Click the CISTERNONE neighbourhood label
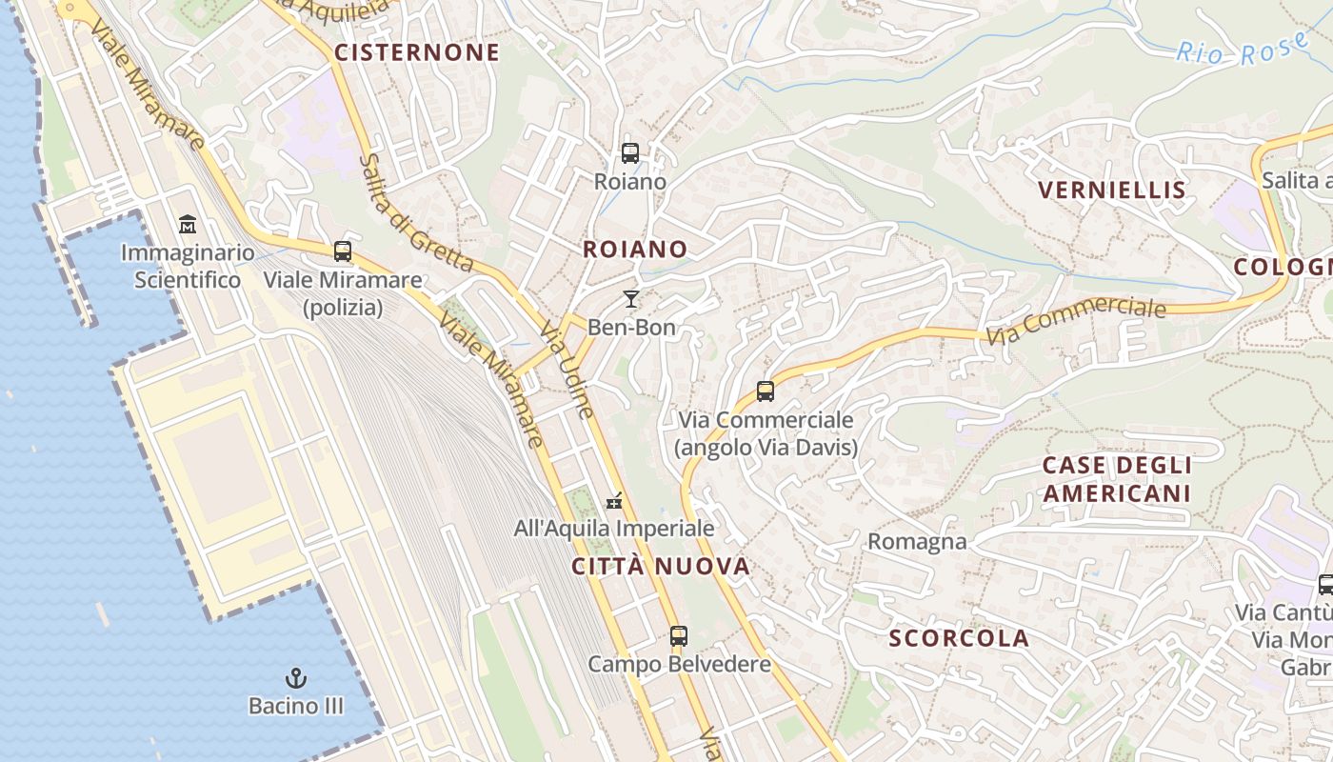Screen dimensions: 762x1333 416,52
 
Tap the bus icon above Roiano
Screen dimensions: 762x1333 629,152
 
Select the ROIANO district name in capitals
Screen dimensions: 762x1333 635,250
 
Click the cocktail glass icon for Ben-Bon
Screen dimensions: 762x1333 630,299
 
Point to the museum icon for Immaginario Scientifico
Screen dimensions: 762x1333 188,226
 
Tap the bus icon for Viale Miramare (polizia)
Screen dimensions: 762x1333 343,251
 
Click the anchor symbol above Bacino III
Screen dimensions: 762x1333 296,678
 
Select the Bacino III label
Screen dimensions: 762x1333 296,707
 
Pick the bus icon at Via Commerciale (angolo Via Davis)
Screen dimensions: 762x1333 766,391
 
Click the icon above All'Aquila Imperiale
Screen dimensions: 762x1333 614,500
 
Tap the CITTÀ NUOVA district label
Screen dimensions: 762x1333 661,567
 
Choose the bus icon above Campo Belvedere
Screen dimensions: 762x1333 678,635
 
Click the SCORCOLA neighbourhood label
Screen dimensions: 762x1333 959,638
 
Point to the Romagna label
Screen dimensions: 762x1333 917,542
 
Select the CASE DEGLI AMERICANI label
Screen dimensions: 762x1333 1117,479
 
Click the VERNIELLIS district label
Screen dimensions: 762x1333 1112,190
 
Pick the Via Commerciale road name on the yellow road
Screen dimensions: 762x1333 1076,322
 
